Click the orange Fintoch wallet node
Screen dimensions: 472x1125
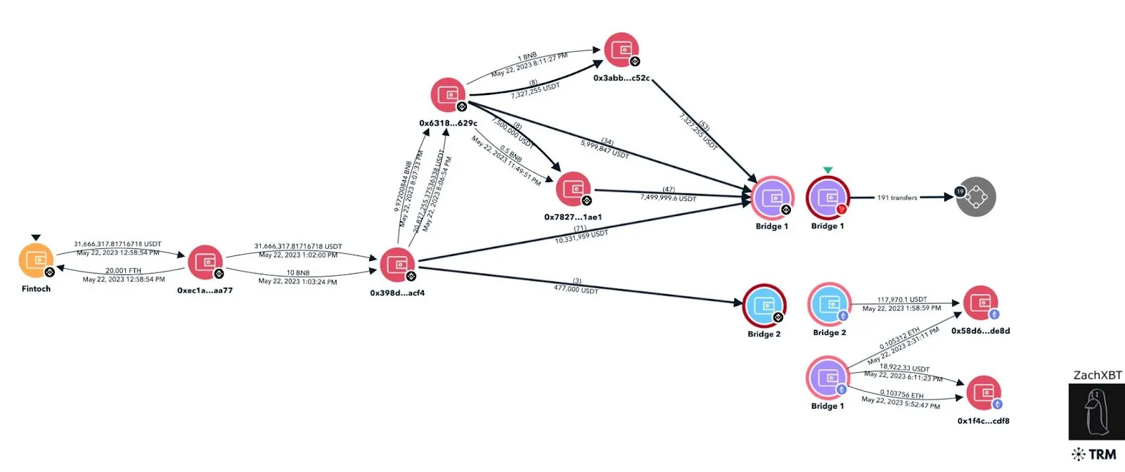[x=36, y=260]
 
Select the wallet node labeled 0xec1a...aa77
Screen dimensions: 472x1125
[x=205, y=262]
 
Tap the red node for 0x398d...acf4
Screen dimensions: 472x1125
[x=398, y=264]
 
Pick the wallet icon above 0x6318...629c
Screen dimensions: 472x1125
[x=449, y=95]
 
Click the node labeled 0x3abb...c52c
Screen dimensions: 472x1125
[x=622, y=50]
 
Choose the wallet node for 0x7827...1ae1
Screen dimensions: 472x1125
[x=574, y=189]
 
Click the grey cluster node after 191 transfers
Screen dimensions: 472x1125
[x=976, y=197]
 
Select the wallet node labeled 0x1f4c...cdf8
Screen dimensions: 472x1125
[x=984, y=393]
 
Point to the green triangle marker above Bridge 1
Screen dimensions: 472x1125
[x=828, y=170]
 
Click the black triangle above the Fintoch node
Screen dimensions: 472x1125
[x=36, y=238]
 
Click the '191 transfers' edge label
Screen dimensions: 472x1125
[x=897, y=198]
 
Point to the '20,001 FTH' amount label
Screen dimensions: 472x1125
[x=123, y=271]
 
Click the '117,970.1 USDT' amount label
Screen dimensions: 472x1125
[x=901, y=300]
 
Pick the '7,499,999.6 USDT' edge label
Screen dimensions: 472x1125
[x=668, y=198]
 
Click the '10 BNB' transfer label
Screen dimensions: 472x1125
[x=298, y=273]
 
